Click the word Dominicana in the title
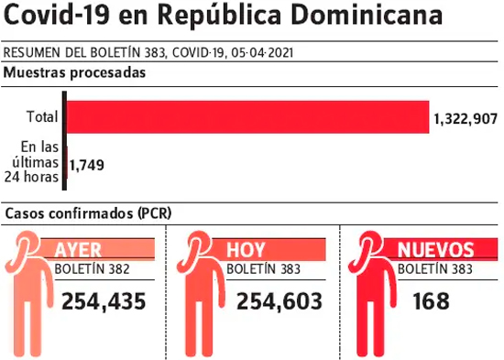coord(367,15)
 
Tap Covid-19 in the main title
coord(57,15)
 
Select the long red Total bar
coord(247,117)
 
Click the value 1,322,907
coord(466,119)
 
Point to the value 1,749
coord(86,165)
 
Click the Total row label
coord(42,116)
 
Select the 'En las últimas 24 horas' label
coord(31,162)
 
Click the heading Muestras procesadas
coord(74,72)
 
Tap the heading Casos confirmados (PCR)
coord(88,213)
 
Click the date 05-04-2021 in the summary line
coord(262,53)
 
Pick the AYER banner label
coord(78,249)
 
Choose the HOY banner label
coord(246,249)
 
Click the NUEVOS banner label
coord(436,249)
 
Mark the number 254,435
coord(104,301)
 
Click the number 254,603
coord(279,301)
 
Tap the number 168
coord(431,301)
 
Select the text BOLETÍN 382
coord(92,269)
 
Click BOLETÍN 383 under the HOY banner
coord(264,269)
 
